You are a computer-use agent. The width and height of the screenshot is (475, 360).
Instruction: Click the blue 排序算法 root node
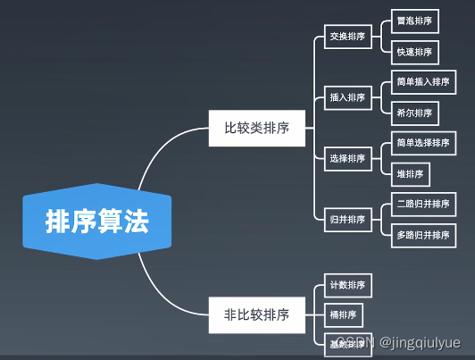pyautogui.click(x=97, y=221)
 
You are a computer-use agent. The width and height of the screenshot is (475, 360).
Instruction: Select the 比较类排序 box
pyautogui.click(x=256, y=129)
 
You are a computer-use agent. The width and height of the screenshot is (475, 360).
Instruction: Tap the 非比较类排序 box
pyautogui.click(x=256, y=314)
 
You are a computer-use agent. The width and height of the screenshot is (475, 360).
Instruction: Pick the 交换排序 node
pyautogui.click(x=346, y=37)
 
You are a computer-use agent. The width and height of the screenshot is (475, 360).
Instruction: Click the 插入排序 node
pyautogui.click(x=346, y=97)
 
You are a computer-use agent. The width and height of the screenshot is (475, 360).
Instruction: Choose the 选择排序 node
pyautogui.click(x=346, y=158)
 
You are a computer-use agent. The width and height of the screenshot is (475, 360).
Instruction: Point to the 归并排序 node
pyautogui.click(x=346, y=219)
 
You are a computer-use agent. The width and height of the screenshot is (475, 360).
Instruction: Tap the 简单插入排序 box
pyautogui.click(x=424, y=81)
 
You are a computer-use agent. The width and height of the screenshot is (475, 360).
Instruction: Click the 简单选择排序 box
pyautogui.click(x=424, y=143)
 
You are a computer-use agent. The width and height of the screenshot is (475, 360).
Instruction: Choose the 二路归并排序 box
pyautogui.click(x=424, y=204)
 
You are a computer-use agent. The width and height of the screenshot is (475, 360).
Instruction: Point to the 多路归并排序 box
pyautogui.click(x=424, y=234)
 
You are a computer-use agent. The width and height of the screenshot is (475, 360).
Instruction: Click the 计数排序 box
pyautogui.click(x=346, y=286)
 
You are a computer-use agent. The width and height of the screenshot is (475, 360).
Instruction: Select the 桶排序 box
pyautogui.click(x=343, y=314)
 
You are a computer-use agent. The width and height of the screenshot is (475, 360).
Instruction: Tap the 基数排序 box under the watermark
pyautogui.click(x=343, y=343)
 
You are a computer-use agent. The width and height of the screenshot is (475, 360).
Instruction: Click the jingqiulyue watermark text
pyautogui.click(x=420, y=343)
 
